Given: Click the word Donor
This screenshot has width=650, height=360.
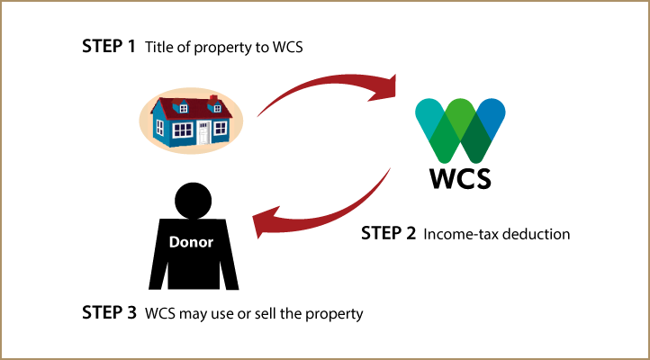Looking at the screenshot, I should tap(191, 242).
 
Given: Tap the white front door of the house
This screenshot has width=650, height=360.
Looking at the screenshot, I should tap(203, 133).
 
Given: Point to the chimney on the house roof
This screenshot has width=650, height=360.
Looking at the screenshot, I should tap(213, 98).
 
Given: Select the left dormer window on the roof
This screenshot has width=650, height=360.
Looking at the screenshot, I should tap(184, 108).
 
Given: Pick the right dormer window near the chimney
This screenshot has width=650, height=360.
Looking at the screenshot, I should tap(217, 108).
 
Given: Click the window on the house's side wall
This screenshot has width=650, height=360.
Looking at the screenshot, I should tap(160, 129).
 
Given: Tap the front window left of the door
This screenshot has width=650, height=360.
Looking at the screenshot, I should tap(183, 131).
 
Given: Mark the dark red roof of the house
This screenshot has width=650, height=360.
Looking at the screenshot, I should tap(198, 112).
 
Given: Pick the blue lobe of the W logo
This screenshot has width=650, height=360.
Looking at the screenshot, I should tap(492, 113).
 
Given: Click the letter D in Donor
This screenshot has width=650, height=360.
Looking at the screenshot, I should tap(175, 242).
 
